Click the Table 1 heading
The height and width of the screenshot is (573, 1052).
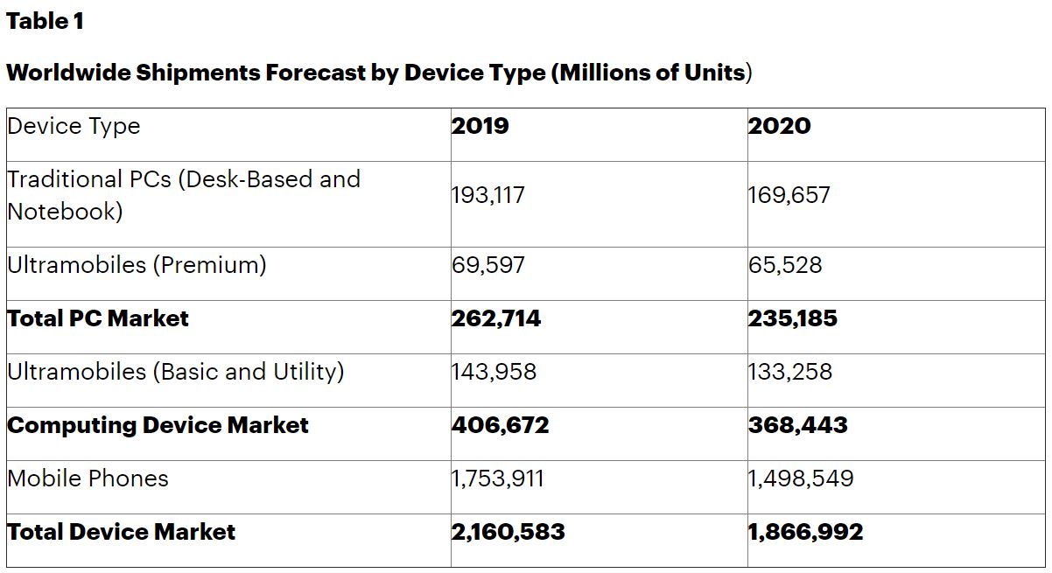point(45,22)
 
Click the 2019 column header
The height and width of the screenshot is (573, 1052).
point(480,126)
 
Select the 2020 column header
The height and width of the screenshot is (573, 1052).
point(779,126)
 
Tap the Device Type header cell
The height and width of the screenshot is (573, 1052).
point(74,126)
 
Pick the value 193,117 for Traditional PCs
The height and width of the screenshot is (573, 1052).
point(488,195)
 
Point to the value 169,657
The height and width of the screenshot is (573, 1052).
point(789,195)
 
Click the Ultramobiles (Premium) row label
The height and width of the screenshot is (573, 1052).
point(137,264)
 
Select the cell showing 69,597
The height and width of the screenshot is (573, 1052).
point(488,264)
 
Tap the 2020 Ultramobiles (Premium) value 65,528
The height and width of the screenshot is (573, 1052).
point(785,264)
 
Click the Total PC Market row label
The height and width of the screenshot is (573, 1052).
point(98,318)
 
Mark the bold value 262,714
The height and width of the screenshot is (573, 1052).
point(496,318)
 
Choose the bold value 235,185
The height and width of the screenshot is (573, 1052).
point(792,318)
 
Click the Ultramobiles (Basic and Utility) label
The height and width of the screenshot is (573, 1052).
point(175,372)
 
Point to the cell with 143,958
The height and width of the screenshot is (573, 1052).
point(494,372)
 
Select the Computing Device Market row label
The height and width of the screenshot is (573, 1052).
point(158,425)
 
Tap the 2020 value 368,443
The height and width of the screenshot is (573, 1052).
point(797,425)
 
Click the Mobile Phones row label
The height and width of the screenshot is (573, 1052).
point(88,479)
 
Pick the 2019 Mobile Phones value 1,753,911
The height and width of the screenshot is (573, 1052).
point(497,479)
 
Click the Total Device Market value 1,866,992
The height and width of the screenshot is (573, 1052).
point(805,532)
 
